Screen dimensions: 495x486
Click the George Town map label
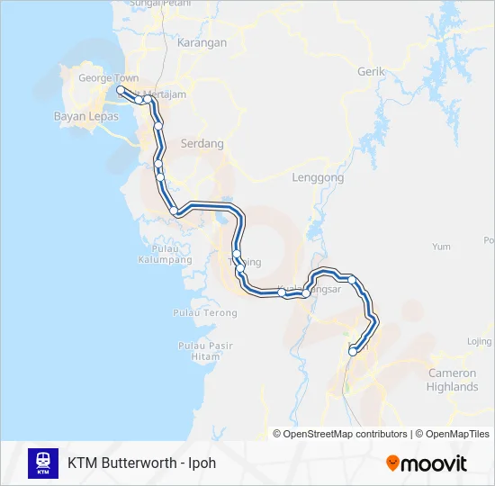[x=108, y=78]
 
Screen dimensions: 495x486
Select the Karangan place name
[x=202, y=42]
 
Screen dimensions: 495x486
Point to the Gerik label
[x=371, y=71]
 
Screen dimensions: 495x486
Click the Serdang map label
[x=202, y=143]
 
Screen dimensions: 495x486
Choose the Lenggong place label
[x=318, y=178]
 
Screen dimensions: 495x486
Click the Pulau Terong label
[x=207, y=313]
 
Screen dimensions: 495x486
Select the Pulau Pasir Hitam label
[x=205, y=351]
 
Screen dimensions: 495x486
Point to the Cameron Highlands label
[x=453, y=380]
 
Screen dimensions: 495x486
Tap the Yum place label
[x=441, y=246]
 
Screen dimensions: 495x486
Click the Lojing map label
[x=480, y=342]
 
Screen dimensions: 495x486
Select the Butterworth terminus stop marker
[x=121, y=90]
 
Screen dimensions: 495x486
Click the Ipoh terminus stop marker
[x=353, y=352]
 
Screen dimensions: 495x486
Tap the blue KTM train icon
[x=43, y=463]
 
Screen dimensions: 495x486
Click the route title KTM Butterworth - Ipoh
[x=141, y=463]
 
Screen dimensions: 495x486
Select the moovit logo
[x=427, y=463]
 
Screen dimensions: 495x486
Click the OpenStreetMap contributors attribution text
[x=346, y=434]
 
